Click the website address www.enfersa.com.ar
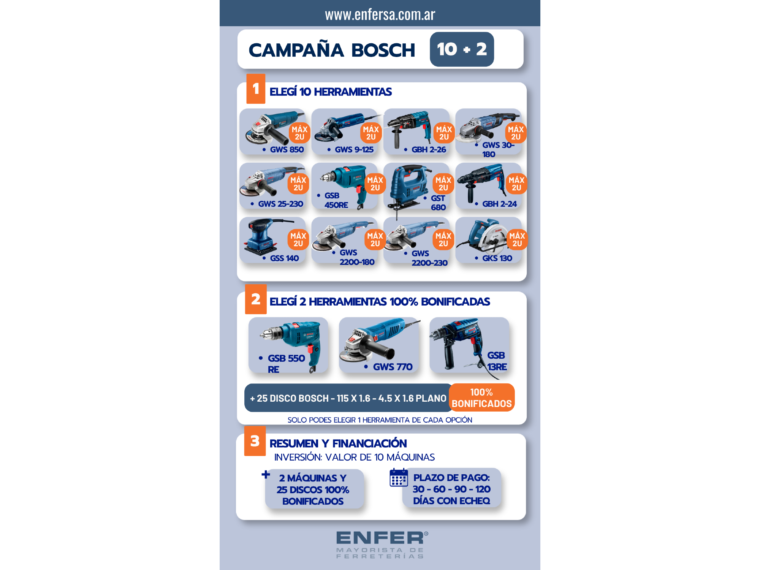coord(380,14)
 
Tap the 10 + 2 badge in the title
coord(462,49)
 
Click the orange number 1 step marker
coord(256,89)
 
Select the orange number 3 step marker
coord(255,441)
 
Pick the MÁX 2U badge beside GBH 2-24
coord(516,184)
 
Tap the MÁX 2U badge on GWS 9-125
coord(371,133)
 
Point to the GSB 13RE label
coord(497,361)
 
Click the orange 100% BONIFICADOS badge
coord(481,397)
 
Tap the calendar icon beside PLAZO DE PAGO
coord(399,477)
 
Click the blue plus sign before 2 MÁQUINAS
coord(266,474)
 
